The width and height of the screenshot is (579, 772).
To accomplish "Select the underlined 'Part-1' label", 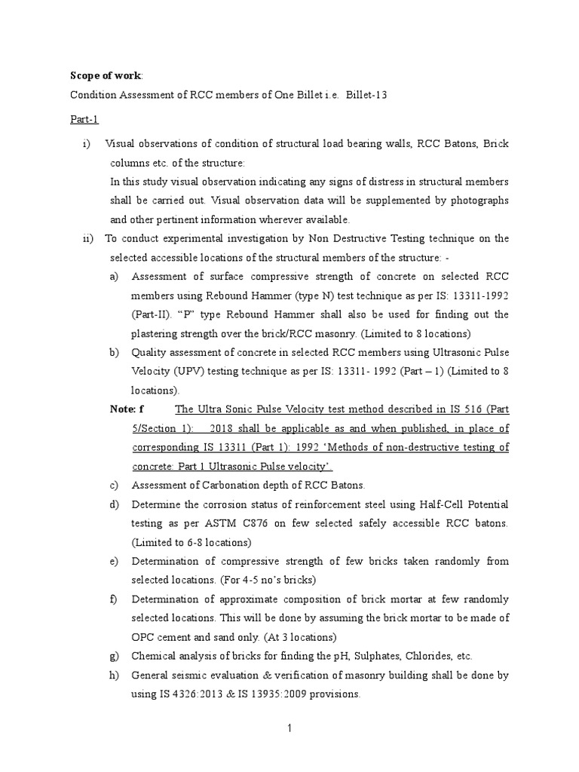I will [84, 119].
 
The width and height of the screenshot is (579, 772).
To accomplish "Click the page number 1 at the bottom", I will [289, 728].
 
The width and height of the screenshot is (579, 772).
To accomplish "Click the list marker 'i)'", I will [87, 144].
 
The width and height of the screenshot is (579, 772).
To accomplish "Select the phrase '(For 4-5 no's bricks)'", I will [270, 580].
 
